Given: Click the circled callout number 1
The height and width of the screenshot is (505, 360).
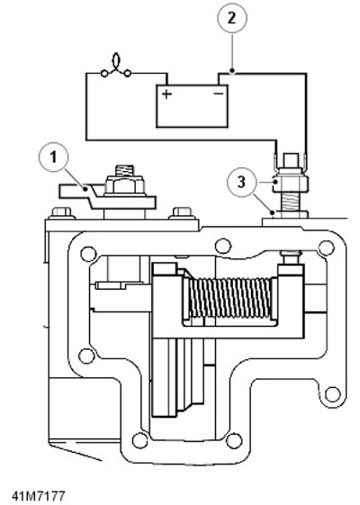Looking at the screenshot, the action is point(53,158).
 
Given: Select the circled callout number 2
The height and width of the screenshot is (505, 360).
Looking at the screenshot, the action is point(232,18).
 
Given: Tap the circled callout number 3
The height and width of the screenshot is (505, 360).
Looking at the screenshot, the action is point(241,182).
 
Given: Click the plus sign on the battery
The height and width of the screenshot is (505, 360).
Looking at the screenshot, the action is point(166,94).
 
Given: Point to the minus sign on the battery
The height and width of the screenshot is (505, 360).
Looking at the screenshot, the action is point(219,94).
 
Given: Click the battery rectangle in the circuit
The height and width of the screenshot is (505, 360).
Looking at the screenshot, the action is point(192,106).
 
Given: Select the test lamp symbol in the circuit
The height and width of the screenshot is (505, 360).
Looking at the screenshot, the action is point(116,68).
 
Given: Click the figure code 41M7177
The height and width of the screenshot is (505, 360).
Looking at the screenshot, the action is point(39,496).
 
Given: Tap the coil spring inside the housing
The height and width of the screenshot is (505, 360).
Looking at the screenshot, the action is point(229,298).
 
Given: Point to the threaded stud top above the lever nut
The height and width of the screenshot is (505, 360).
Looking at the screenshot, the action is point(124,170).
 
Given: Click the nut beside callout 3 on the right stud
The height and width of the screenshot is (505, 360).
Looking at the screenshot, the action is point(291,184).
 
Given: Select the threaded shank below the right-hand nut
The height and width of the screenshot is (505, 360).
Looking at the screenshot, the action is point(291,202).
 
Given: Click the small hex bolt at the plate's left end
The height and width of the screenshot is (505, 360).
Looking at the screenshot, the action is point(61,212).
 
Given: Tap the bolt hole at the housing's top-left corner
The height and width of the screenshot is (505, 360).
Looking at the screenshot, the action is point(88,254).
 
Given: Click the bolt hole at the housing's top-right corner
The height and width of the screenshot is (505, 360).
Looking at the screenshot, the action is point(326,248).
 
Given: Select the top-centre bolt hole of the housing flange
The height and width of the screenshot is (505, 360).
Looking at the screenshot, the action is point(223,247).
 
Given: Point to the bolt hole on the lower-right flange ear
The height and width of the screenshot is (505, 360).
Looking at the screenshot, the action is point(332,393).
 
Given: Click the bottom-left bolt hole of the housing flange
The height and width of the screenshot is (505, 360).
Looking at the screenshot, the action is point(140,440).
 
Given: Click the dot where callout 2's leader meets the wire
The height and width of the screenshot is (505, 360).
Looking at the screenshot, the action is point(232,70).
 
